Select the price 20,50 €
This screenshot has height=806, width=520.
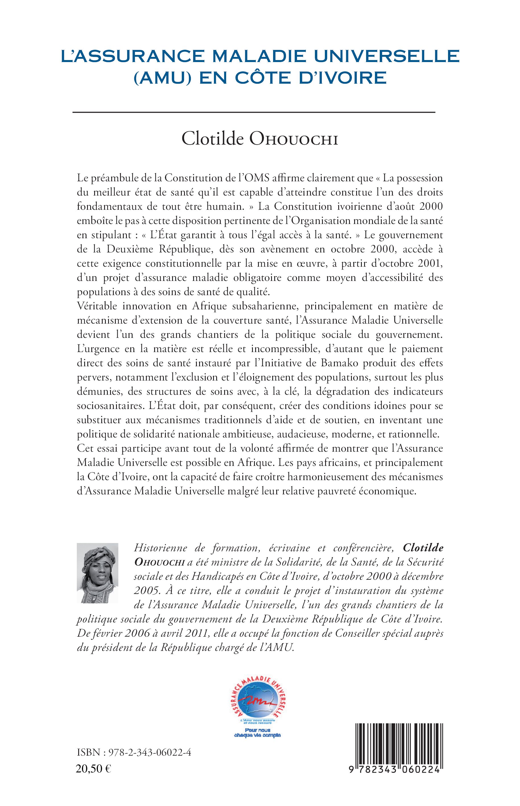pyautogui.click(x=94, y=786)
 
